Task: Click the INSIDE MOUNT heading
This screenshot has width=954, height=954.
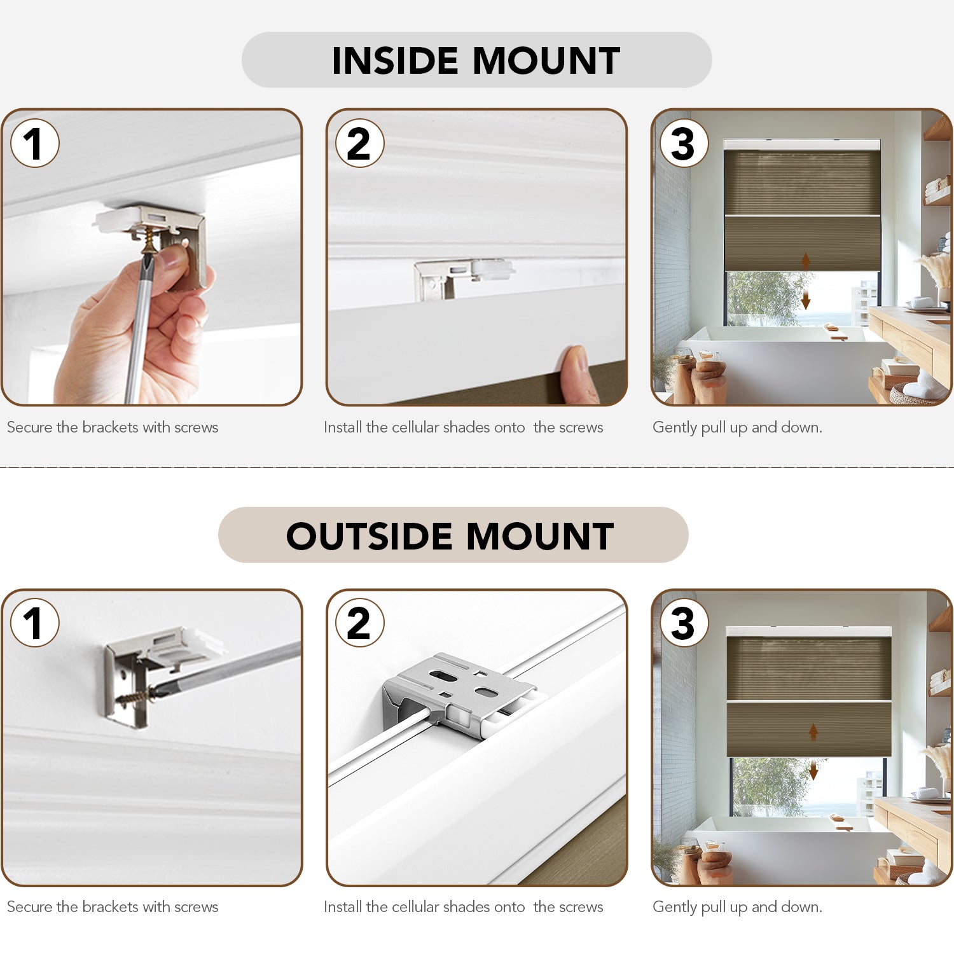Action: pyautogui.click(x=476, y=60)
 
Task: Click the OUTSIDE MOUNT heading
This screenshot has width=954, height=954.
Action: pyautogui.click(x=450, y=536)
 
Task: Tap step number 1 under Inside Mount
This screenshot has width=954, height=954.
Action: pyautogui.click(x=35, y=143)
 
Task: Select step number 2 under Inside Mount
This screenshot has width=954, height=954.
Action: pyautogui.click(x=359, y=143)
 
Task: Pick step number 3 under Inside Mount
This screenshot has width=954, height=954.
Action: pyautogui.click(x=684, y=143)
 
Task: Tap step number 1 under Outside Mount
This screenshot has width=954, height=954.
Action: pyautogui.click(x=35, y=623)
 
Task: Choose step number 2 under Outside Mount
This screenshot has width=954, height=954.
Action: pyautogui.click(x=359, y=623)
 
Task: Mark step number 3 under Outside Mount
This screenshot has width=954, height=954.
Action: pyautogui.click(x=684, y=623)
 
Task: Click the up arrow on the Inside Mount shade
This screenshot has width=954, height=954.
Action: pyautogui.click(x=806, y=260)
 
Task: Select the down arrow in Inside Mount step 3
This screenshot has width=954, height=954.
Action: pyautogui.click(x=806, y=299)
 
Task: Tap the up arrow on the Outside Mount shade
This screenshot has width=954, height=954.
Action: pyautogui.click(x=813, y=732)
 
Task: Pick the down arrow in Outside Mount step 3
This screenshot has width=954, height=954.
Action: pyautogui.click(x=813, y=771)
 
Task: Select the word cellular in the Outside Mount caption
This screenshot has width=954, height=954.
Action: pyautogui.click(x=415, y=907)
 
